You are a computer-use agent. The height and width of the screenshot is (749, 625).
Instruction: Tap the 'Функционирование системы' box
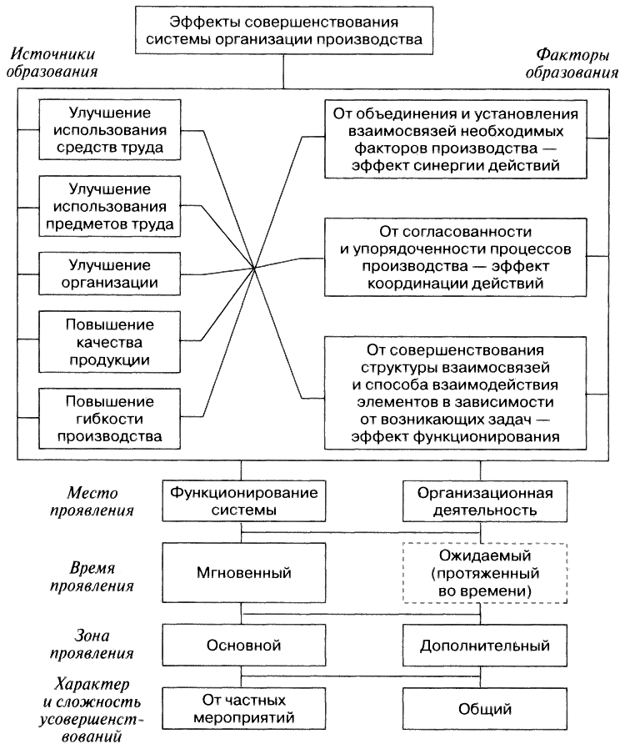(243, 500)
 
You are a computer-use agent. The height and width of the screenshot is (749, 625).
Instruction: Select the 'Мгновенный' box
(243, 573)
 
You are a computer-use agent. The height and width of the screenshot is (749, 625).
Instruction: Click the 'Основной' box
(243, 644)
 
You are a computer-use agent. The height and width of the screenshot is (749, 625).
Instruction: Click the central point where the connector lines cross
(253, 269)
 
